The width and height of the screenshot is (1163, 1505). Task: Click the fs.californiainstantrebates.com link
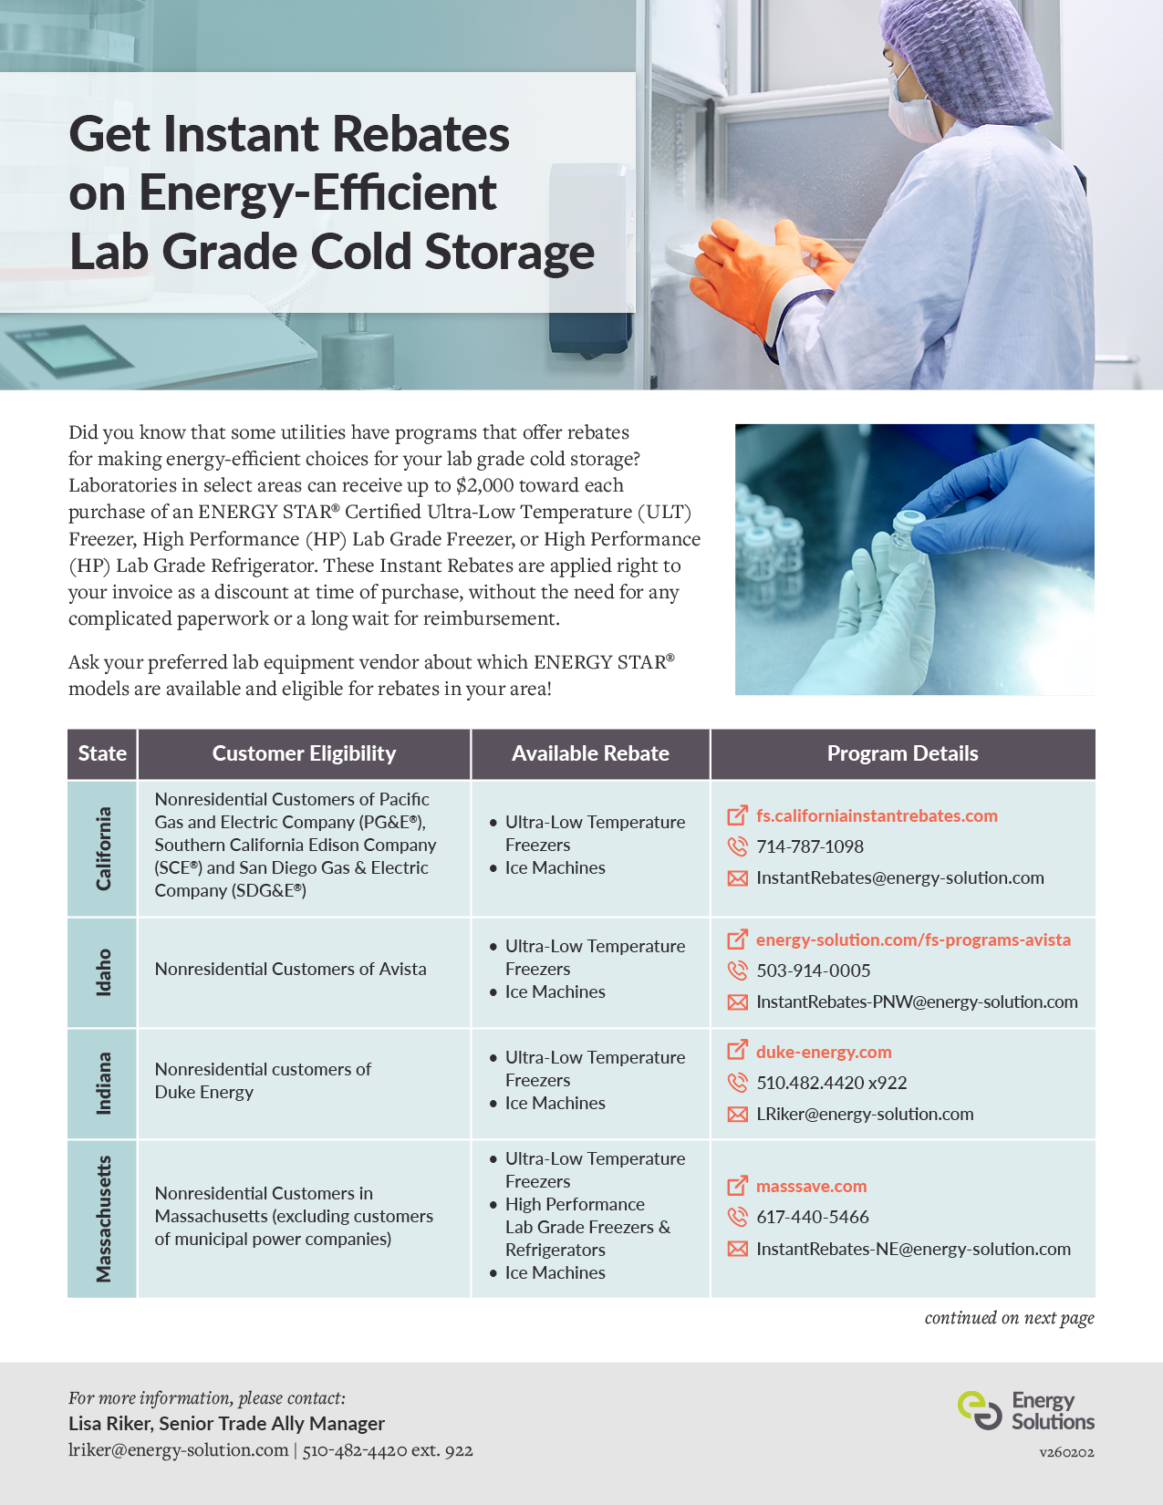point(876,815)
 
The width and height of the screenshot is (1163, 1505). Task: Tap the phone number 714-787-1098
point(809,846)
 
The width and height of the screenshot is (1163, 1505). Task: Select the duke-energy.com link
point(823,1052)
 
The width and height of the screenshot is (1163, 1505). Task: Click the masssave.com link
point(811,1186)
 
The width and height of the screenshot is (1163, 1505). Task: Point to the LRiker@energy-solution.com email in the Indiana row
point(864,1114)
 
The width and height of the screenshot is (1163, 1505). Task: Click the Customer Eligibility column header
point(304,753)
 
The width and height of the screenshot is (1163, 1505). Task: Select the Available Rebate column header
point(590,753)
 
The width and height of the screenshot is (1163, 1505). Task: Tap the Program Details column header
point(902,753)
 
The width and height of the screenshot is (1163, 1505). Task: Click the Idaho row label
point(103,972)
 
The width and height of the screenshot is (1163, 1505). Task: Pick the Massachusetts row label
point(103,1219)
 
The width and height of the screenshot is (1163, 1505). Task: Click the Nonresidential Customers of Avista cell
point(290,969)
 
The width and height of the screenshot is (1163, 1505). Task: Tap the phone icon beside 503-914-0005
point(737,970)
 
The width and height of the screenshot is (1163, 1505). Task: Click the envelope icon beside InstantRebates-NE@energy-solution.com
point(737,1249)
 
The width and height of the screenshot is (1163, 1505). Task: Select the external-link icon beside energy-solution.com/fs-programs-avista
point(737,939)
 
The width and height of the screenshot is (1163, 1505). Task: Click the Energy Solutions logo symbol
point(980,1410)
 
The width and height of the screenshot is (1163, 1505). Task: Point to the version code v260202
point(1066,1452)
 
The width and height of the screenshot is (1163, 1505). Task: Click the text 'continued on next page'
point(1009,1318)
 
